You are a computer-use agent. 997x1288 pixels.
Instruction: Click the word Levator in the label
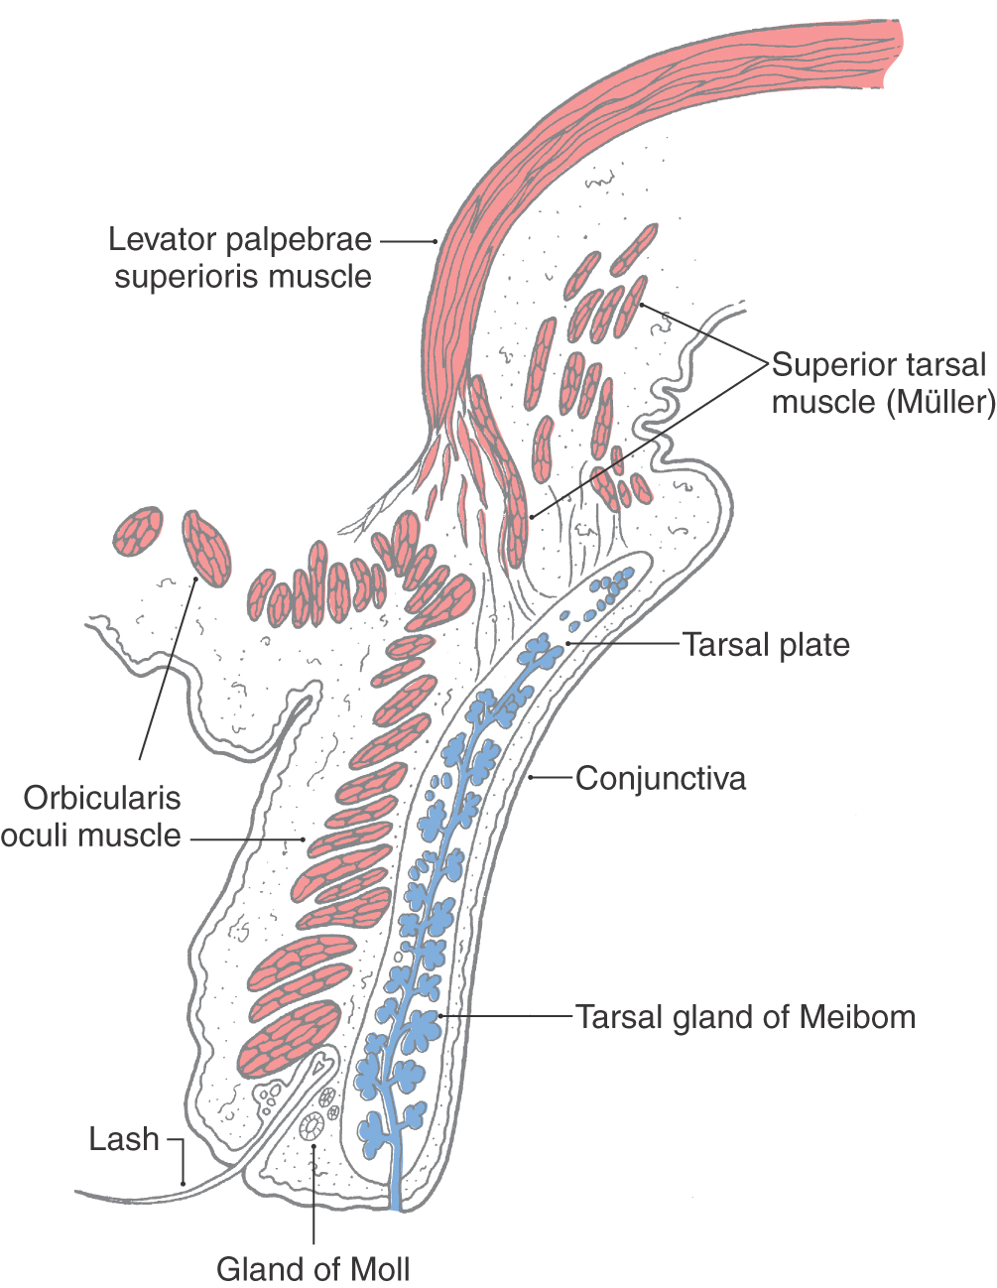(x=161, y=239)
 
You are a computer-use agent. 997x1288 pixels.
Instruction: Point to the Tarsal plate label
(x=766, y=644)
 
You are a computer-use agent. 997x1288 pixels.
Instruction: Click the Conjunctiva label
(x=661, y=778)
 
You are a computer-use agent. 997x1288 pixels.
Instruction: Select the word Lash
(x=124, y=1139)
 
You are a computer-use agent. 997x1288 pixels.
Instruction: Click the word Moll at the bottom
(x=380, y=1269)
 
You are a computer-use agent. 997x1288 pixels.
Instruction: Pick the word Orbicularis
(x=102, y=798)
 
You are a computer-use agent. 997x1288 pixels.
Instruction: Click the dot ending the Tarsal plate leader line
(x=568, y=643)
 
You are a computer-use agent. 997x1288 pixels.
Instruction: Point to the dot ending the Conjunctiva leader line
(x=531, y=777)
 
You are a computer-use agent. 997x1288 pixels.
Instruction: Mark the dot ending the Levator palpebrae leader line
(x=436, y=241)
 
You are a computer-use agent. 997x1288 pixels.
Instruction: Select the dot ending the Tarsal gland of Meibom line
(x=440, y=1016)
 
